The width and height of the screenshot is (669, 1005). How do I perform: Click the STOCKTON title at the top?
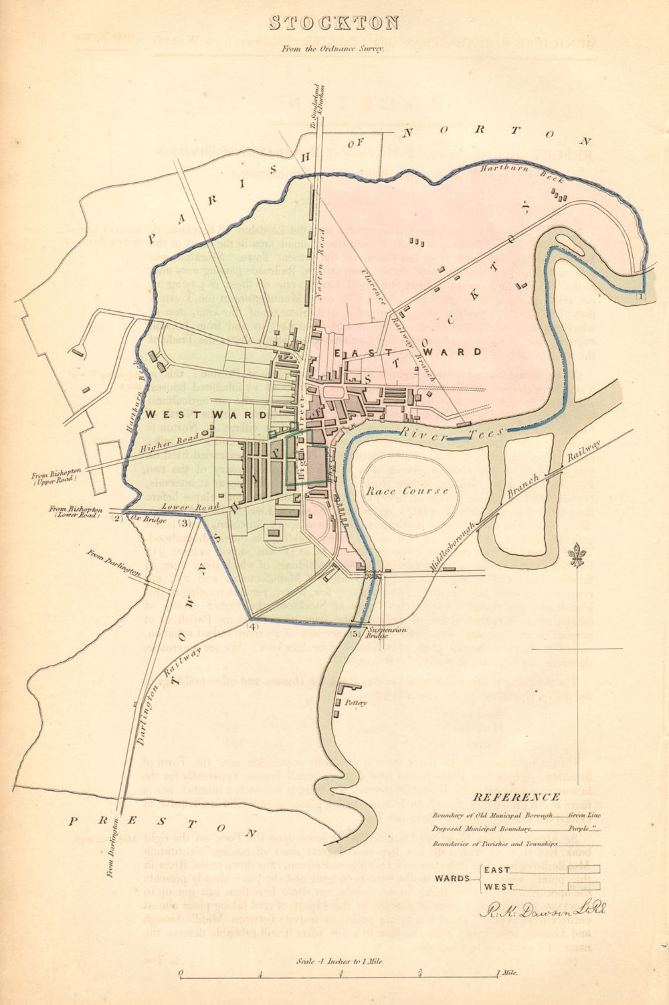(x=334, y=23)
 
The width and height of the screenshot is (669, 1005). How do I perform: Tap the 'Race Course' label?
(x=407, y=491)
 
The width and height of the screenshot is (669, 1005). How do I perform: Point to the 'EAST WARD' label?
(x=408, y=352)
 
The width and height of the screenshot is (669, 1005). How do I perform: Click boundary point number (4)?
(x=252, y=627)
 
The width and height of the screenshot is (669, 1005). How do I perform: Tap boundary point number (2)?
(x=116, y=518)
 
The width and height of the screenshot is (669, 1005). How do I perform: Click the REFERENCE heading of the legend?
(x=516, y=797)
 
